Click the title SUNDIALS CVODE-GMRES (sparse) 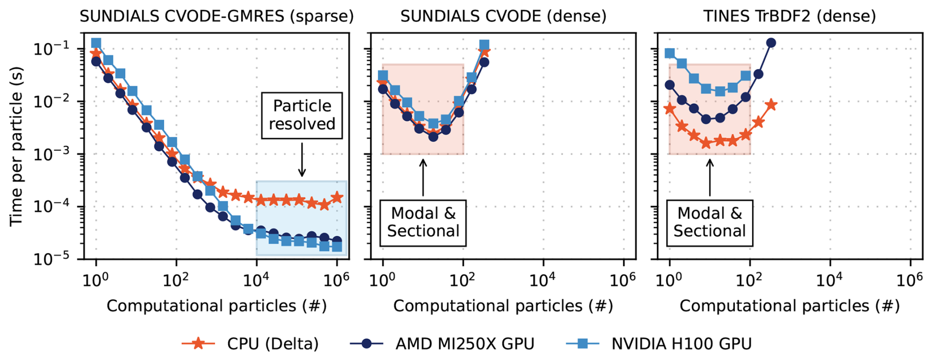click(x=216, y=16)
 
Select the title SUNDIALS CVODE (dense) click(x=503, y=16)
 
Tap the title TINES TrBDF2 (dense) click(x=789, y=16)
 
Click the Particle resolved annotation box click(x=302, y=115)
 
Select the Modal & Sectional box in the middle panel click(x=423, y=223)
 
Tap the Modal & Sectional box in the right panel click(x=710, y=223)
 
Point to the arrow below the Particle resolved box click(x=302, y=160)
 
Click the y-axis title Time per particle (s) click(x=16, y=146)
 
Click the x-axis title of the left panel click(x=216, y=306)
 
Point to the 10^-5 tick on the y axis click(x=51, y=259)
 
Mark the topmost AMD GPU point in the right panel click(x=771, y=43)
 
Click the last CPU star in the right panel click(x=771, y=105)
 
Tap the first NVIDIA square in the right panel click(x=669, y=53)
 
